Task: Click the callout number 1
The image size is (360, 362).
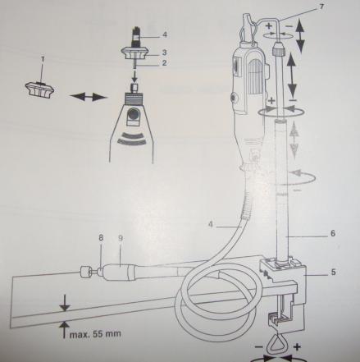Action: [x=43, y=59]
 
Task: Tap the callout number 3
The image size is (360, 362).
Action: [x=164, y=52]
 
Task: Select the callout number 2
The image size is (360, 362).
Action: [x=164, y=63]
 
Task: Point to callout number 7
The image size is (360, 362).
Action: [x=321, y=7]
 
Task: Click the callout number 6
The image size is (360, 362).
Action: [x=333, y=233]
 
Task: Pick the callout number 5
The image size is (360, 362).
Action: [x=333, y=273]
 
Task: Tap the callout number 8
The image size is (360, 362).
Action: [x=101, y=238]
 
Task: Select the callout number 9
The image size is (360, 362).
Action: [x=121, y=238]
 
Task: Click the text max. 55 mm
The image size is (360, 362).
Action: [x=95, y=334]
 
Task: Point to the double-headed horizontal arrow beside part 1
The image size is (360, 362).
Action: [x=88, y=97]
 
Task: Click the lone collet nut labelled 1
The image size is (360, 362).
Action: [x=40, y=90]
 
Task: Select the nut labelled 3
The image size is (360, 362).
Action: [x=135, y=53]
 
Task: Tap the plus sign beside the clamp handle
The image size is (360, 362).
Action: [x=297, y=347]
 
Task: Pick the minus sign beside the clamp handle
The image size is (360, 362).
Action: [x=258, y=347]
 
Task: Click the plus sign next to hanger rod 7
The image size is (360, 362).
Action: [x=269, y=26]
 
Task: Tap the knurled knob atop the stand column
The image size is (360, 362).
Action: [x=278, y=48]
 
